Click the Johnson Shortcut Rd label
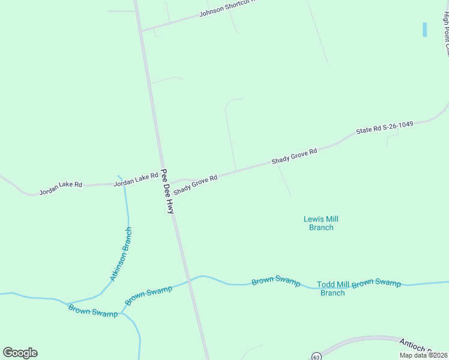coord(227,8)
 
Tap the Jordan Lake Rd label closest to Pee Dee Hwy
coord(136,179)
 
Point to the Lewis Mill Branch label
coord(321,223)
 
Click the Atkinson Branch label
coord(120,254)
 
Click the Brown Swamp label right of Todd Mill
coord(376,283)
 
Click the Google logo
coord(20,353)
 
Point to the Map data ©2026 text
coord(424,355)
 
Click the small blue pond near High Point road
coord(424,29)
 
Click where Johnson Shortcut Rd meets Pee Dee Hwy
coord(140,31)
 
